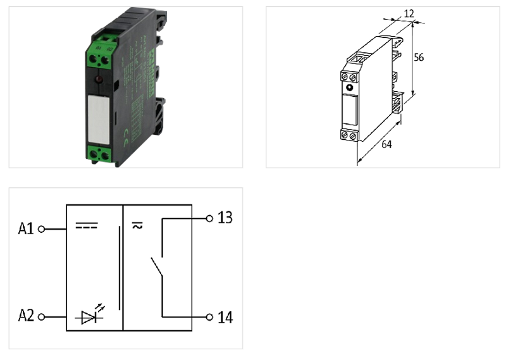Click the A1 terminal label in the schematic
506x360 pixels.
[26, 228]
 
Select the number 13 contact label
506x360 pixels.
[225, 218]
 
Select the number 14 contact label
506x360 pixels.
[225, 317]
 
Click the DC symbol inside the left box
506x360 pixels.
[87, 225]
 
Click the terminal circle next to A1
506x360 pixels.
[42, 229]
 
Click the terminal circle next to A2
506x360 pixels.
[42, 316]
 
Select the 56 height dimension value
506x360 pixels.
[419, 57]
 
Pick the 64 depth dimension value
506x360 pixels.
[386, 144]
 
